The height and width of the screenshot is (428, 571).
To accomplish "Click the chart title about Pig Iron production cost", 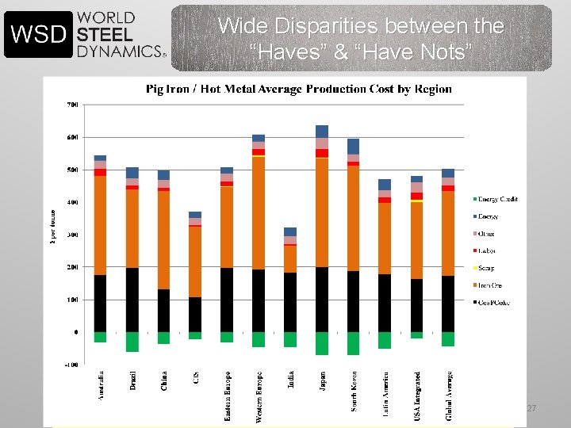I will point(299,89).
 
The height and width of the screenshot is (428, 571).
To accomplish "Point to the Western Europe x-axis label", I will point(259,396).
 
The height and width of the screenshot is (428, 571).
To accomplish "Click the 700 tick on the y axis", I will point(72,105).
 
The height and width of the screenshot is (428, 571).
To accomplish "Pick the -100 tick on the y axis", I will point(71,365).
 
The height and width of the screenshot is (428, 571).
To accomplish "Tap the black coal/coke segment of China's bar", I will point(163,311).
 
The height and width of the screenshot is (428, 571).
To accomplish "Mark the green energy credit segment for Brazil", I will point(132,342).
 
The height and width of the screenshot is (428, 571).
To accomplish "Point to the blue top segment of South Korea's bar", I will point(353,146).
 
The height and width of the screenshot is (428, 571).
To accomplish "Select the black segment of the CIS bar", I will point(195,315).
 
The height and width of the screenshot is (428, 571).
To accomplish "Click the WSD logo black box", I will point(38,34).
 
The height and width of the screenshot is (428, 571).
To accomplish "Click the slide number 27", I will point(531,408).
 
